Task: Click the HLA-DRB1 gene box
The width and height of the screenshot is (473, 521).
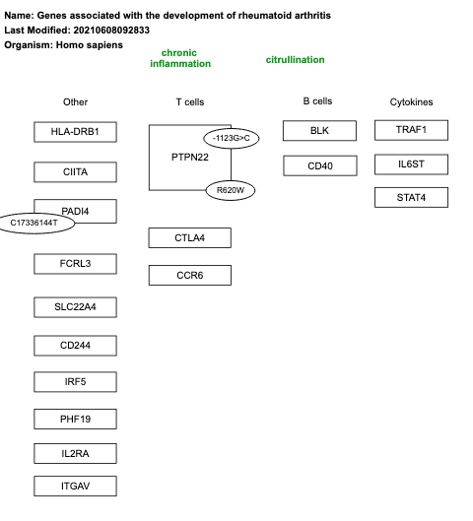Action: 75,132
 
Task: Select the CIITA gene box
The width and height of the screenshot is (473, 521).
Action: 75,172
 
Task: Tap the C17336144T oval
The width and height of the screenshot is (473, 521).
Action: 35,224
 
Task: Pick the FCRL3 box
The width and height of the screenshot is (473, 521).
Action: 75,264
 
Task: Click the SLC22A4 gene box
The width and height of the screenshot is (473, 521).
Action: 75,307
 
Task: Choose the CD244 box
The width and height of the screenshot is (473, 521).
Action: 75,346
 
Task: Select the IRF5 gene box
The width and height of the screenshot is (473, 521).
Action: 75,382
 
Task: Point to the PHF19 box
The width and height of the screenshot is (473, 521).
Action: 75,420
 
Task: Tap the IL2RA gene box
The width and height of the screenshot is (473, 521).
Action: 75,454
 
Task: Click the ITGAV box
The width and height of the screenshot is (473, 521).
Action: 75,487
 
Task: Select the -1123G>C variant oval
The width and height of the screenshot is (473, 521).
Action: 230,138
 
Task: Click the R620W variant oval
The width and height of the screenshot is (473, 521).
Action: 231,190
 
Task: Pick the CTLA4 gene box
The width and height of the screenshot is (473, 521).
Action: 189,237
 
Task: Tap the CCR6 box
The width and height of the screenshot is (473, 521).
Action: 189,276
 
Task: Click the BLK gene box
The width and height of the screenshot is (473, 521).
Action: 319,131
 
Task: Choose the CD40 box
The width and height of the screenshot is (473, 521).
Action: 319,166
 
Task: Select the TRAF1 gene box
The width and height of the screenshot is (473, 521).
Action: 411,130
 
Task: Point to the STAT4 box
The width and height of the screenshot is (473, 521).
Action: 411,198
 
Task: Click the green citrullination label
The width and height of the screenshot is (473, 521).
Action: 295,60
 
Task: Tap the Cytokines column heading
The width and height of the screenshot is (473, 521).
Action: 411,102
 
